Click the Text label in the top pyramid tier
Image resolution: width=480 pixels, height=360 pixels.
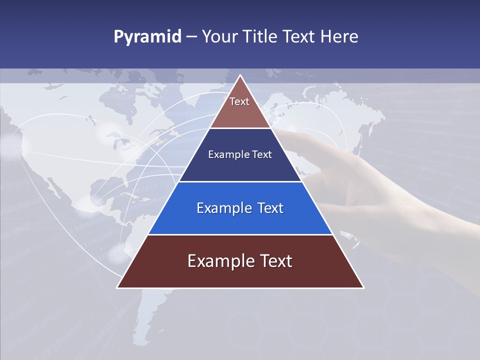coord(239,101)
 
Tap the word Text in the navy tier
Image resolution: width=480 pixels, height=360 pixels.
coord(262,154)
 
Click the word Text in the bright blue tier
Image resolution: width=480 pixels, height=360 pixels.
coord(270,208)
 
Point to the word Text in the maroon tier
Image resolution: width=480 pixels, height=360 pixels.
coord(275,261)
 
